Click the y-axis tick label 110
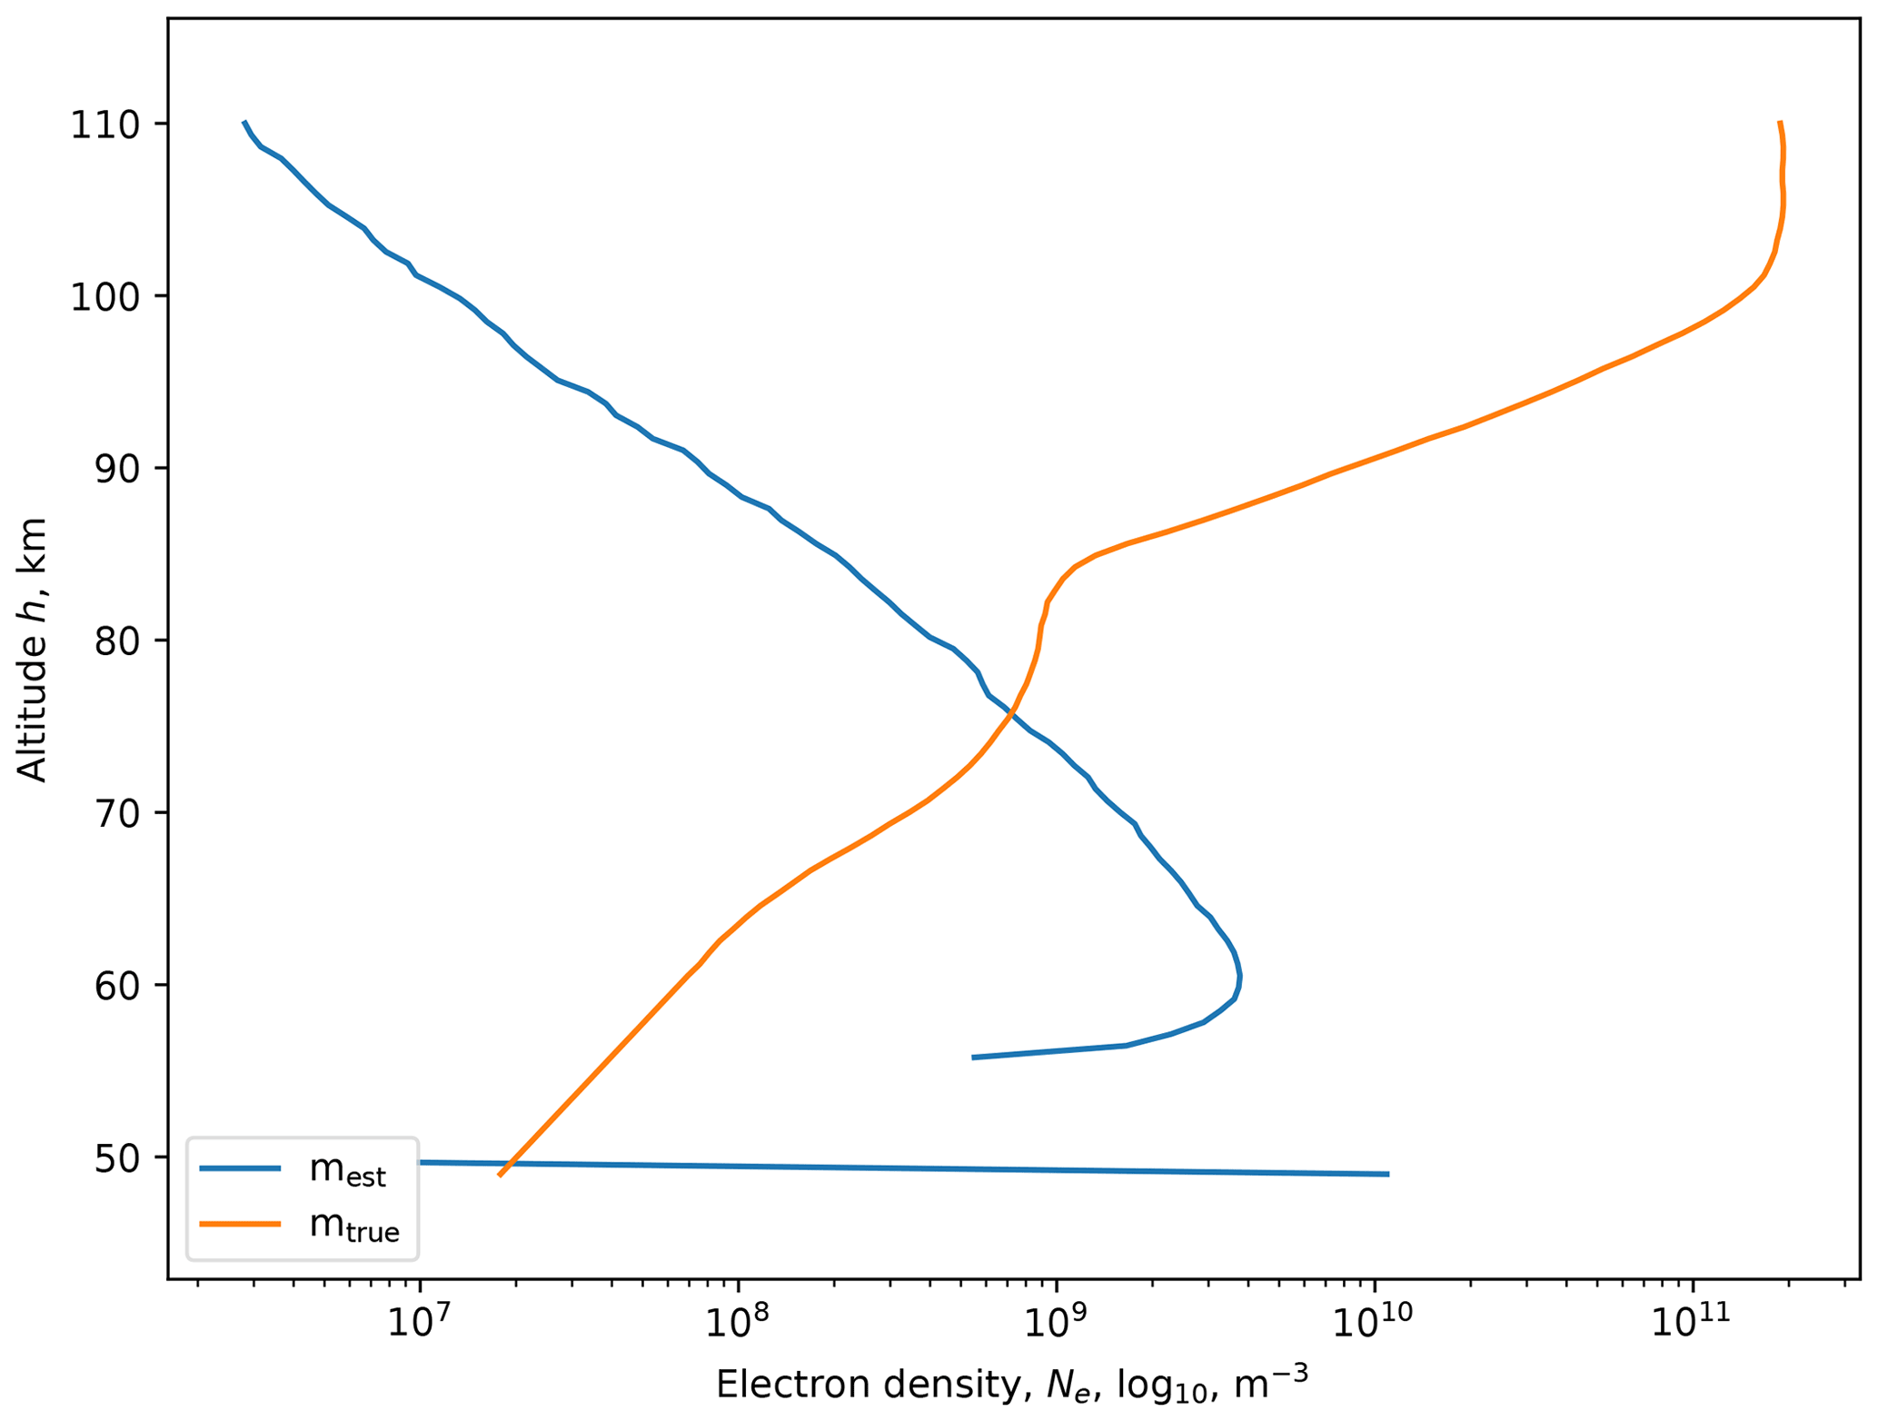[105, 124]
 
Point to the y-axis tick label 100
[105, 297]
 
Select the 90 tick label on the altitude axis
[116, 469]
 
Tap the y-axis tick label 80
[116, 641]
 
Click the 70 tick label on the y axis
[116, 813]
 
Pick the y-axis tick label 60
[116, 986]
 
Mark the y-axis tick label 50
[116, 1158]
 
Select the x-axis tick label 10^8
[738, 1322]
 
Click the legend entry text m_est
[347, 1171]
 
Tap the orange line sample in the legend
[240, 1224]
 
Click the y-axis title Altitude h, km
[33, 650]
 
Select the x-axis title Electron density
[1012, 1385]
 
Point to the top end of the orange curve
[1780, 123]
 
